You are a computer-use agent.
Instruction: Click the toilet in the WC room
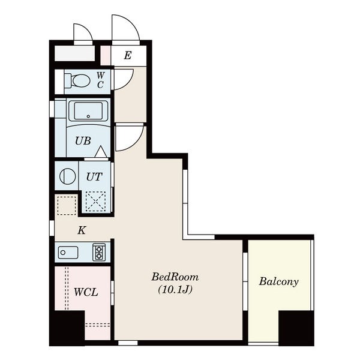(77, 80)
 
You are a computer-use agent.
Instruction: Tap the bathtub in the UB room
(88, 111)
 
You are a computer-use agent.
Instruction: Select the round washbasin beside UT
(67, 176)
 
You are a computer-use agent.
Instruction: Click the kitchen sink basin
(68, 253)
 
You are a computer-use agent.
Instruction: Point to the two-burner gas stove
(99, 253)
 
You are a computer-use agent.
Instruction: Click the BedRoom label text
(175, 277)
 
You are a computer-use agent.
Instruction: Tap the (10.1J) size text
(175, 290)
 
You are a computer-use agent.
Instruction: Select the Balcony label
(279, 282)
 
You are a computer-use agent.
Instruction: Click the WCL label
(86, 292)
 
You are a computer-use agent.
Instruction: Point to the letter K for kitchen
(82, 230)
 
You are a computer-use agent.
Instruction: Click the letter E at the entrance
(128, 55)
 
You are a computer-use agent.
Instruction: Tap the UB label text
(83, 141)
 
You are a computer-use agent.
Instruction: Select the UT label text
(94, 176)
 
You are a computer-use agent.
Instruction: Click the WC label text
(100, 80)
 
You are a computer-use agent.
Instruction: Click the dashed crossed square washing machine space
(96, 202)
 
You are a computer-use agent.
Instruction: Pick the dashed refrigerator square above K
(67, 205)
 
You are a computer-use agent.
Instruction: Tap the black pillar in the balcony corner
(296, 328)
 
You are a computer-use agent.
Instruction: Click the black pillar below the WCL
(67, 328)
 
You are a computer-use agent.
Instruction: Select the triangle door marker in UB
(100, 152)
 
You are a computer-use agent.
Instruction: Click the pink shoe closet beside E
(106, 55)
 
